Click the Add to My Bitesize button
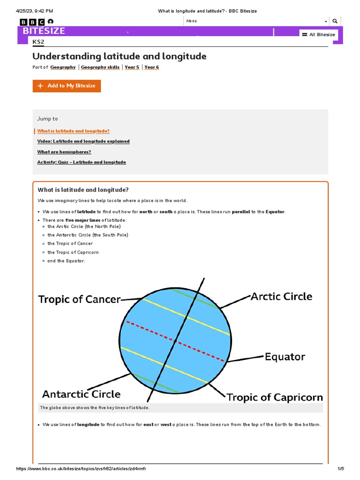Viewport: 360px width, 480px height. point(67,86)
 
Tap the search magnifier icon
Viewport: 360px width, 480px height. point(335,21)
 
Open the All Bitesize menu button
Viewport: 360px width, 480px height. point(318,35)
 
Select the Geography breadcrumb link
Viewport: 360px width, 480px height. point(63,67)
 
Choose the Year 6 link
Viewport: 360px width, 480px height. point(151,67)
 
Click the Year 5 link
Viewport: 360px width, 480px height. point(132,67)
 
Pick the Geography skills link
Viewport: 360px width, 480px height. point(100,67)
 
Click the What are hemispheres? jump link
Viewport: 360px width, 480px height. point(64,152)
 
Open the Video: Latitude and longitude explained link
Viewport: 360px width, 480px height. point(83,142)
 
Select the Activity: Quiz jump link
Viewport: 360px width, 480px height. point(82,162)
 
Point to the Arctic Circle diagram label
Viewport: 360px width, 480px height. point(281,296)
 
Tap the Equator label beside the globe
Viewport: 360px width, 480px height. point(285,357)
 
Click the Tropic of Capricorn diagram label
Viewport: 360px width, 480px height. point(275,397)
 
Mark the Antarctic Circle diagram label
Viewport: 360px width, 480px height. point(82,394)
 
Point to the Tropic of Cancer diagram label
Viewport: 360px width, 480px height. point(79,299)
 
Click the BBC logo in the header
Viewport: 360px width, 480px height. point(32,22)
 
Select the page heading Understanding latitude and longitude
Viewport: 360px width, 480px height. point(119,56)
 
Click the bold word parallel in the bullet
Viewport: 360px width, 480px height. point(241,212)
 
